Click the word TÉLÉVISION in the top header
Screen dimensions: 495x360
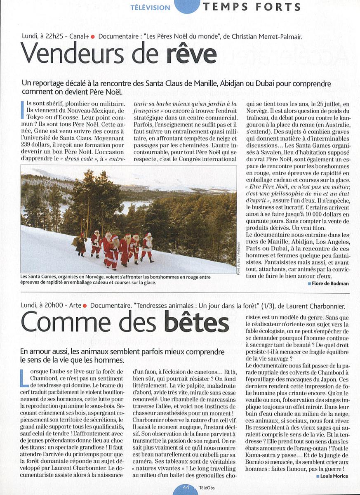tap(150, 7)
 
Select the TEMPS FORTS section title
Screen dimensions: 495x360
tap(252, 7)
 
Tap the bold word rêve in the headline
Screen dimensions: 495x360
tap(191, 53)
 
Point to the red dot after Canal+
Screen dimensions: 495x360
tap(93, 36)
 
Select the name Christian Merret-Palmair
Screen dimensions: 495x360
tap(267, 36)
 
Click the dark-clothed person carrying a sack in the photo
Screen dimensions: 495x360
tap(81, 244)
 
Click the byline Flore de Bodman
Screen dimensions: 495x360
tap(330, 283)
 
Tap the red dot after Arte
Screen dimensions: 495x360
tap(84, 306)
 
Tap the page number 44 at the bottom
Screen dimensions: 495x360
tap(186, 488)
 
